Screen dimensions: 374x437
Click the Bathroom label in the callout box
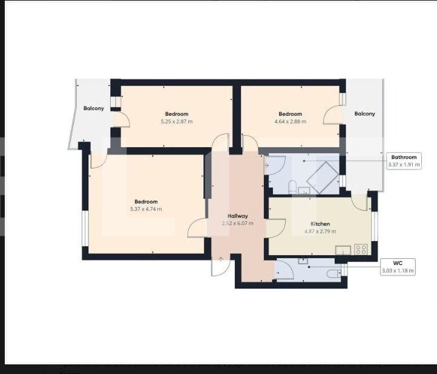point(403,157)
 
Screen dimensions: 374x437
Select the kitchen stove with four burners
point(361,249)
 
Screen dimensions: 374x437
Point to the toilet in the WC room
point(333,274)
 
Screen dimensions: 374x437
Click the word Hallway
point(237,216)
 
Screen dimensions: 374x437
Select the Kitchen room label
point(320,224)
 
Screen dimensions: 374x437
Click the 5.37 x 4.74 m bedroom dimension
point(146,209)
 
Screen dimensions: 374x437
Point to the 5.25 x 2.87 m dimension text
point(176,121)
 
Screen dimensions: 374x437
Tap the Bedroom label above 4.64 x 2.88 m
point(290,114)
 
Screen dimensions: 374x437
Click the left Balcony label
point(94,109)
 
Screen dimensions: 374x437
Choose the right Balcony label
point(364,114)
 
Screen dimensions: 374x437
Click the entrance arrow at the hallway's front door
point(221,261)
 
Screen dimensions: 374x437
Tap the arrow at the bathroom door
point(267,164)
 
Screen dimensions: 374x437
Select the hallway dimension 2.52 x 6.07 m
point(237,223)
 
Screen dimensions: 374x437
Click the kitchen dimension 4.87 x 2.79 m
point(320,231)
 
